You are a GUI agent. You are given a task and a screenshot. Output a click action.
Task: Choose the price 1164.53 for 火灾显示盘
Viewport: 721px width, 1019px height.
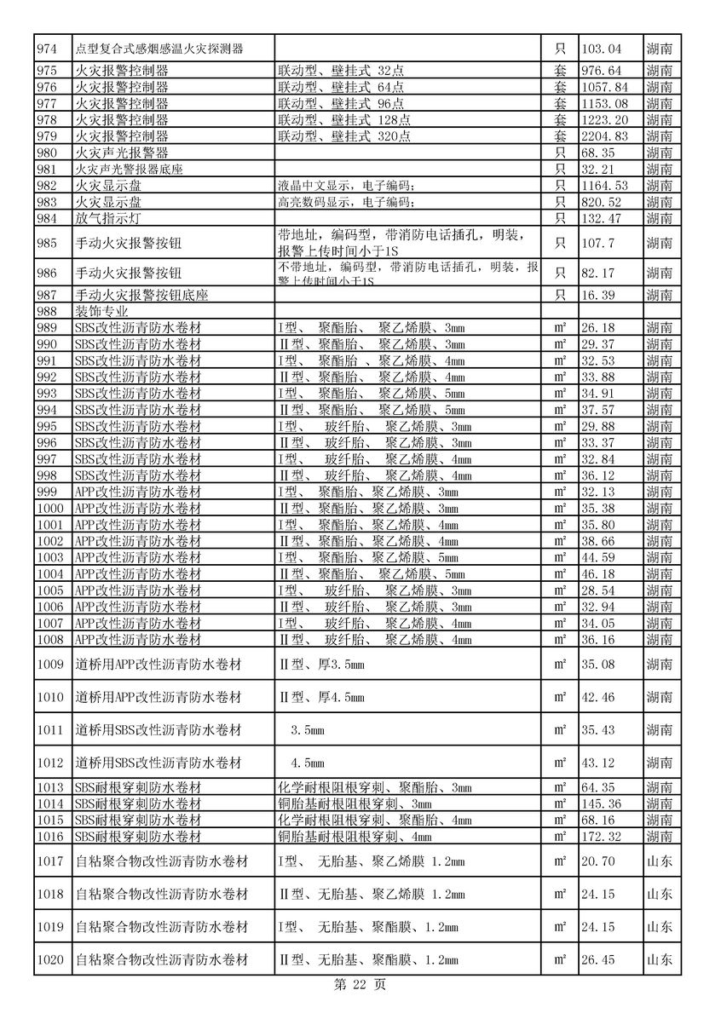click(x=603, y=186)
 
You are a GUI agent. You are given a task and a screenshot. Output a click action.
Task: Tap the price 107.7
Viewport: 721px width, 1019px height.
click(x=597, y=244)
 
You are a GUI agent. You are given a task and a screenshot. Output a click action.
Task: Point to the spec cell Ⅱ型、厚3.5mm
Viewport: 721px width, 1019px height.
click(x=322, y=665)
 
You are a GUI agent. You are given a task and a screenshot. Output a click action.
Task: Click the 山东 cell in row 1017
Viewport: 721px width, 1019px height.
click(x=659, y=861)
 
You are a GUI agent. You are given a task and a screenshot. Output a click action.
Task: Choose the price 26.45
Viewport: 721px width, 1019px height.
click(x=597, y=960)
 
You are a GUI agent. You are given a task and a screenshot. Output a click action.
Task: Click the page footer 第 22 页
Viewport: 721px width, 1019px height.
click(x=360, y=985)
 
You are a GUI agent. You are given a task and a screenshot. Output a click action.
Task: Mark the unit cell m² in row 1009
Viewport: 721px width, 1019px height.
click(x=560, y=665)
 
